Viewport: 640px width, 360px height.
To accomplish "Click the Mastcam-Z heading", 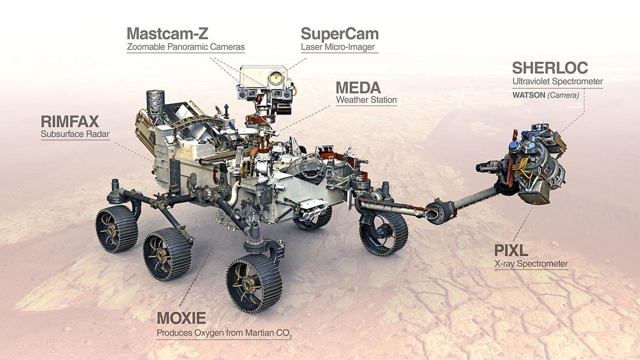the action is coord(167,33).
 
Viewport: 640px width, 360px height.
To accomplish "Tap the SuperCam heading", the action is coord(339,34).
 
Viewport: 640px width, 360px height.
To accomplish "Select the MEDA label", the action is coord(358,87).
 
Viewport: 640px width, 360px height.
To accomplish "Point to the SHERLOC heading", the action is coord(550,67).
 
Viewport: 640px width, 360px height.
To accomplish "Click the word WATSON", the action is coord(529,95).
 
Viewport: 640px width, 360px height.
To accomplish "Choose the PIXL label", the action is coord(511,250).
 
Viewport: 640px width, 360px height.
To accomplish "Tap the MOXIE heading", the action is coord(181,318).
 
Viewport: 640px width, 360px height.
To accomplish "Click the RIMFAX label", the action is coord(69,121).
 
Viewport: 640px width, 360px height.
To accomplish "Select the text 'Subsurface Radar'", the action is coord(75,134).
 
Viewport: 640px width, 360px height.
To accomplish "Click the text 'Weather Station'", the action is coord(366,99).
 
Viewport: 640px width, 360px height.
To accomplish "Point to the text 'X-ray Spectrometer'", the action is coord(531,263).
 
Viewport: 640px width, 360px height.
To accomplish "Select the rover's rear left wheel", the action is coord(117,229).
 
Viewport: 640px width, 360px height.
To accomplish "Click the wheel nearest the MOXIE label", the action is coord(254,283).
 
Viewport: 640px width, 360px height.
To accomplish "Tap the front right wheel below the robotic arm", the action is coord(383,233).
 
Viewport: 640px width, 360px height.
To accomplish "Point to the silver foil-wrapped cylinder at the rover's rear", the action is coord(155,103).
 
